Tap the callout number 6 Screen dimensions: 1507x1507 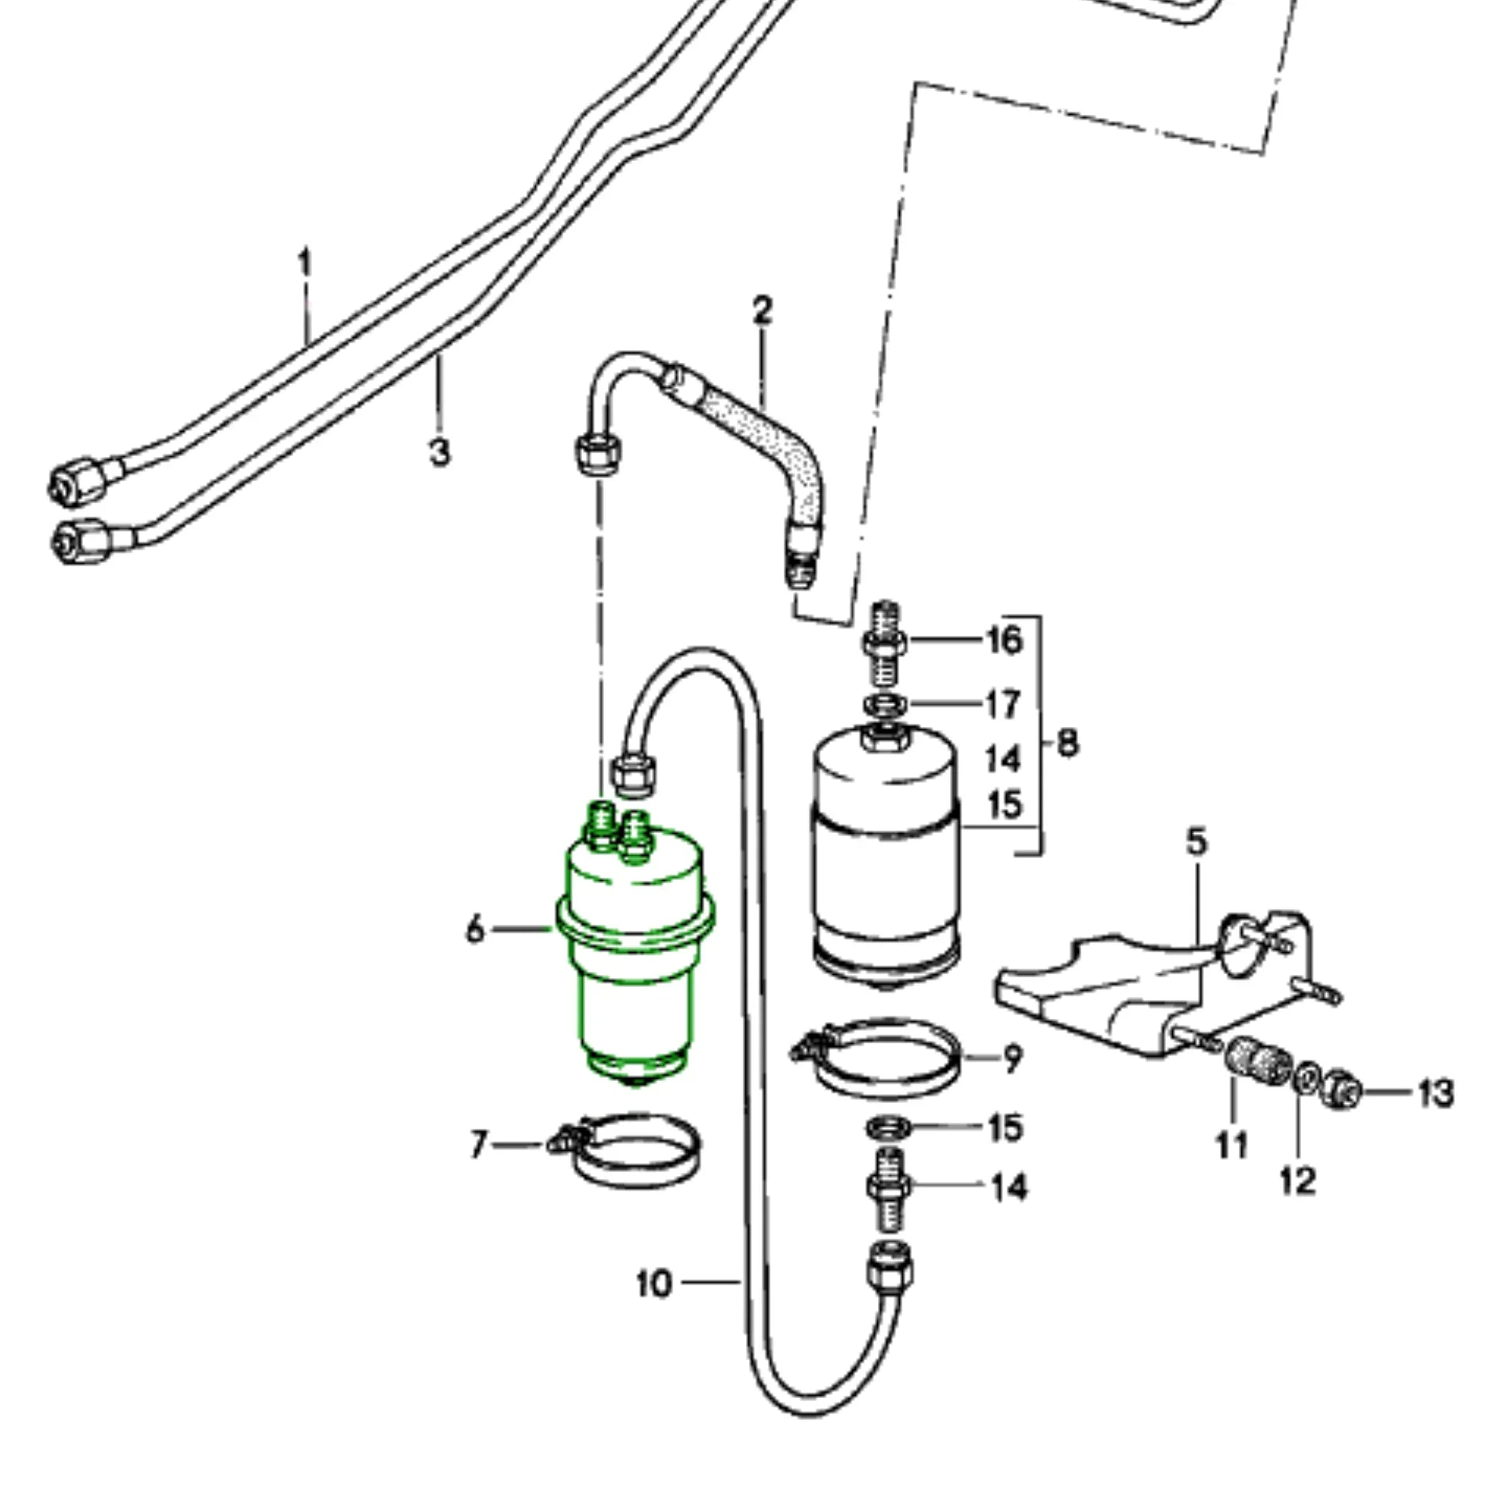click(x=475, y=931)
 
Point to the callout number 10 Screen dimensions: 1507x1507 click(x=653, y=1283)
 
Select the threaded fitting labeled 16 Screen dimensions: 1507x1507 click(x=884, y=641)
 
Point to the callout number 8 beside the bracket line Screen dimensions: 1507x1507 click(x=1068, y=742)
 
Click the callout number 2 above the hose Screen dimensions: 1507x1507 click(x=762, y=311)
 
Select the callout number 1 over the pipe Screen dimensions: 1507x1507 click(x=305, y=263)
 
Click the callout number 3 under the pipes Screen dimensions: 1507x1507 click(x=440, y=452)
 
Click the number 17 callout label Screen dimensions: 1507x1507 click(x=1002, y=704)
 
